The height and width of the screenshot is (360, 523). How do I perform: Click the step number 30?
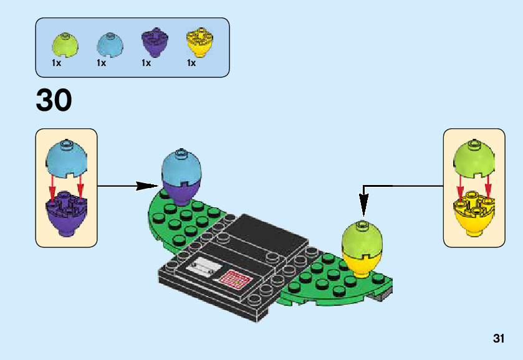[54, 100]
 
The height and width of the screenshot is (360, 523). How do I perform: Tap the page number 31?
[498, 339]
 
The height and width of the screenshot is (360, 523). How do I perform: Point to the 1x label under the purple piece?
[146, 63]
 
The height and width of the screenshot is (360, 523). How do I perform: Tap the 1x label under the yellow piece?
[191, 63]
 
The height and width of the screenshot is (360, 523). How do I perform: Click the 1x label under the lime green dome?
[56, 63]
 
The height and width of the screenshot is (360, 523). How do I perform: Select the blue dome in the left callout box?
[66, 158]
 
